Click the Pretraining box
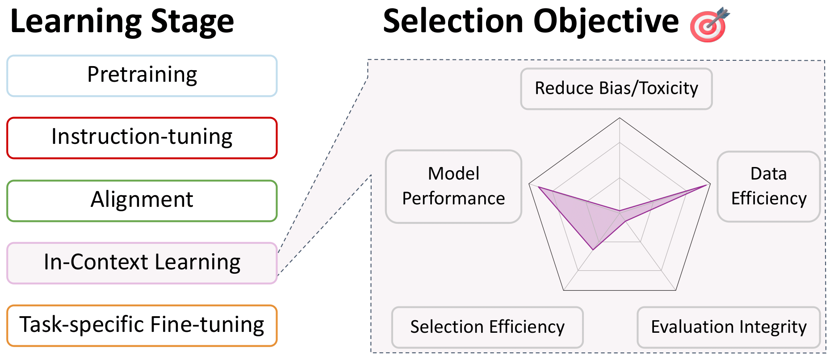coord(142,75)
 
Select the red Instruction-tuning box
coord(142,138)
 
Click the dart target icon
coord(709,25)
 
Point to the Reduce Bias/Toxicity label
coord(616,88)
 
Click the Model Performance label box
coord(453,186)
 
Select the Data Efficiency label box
coord(768,186)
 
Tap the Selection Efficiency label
coord(487,327)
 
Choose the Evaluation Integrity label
coord(729,327)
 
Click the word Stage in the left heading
coord(192,22)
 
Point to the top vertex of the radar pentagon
coord(620,118)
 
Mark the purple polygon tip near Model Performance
coord(538,187)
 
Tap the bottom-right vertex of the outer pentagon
coord(675,290)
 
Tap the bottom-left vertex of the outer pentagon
coord(564,290)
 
